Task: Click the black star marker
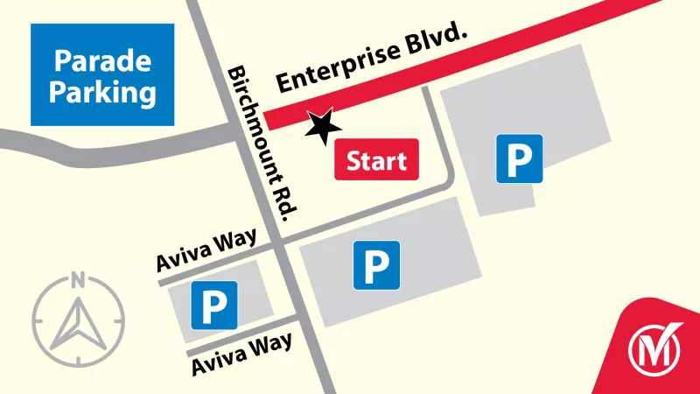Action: (323, 127)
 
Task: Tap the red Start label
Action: (377, 161)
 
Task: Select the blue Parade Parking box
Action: (102, 75)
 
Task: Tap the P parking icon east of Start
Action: (520, 158)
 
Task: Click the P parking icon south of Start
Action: (376, 264)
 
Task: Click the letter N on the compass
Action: (78, 281)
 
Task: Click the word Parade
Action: (102, 61)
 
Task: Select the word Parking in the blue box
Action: (102, 91)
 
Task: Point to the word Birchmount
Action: (255, 118)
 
